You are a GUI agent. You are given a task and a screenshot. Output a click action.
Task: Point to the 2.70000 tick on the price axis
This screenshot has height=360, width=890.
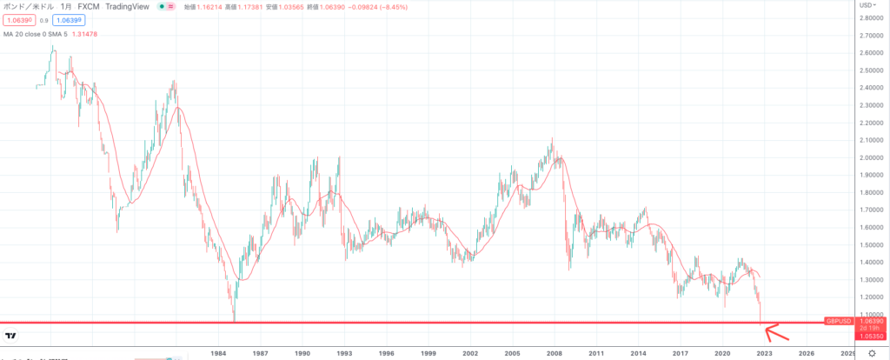pos(870,36)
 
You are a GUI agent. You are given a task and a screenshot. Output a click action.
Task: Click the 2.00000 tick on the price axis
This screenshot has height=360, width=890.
pos(870,157)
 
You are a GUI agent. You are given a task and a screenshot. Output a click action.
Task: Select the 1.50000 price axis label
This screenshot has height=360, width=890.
pos(870,244)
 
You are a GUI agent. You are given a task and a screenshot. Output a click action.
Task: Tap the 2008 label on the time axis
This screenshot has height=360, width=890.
pos(554,353)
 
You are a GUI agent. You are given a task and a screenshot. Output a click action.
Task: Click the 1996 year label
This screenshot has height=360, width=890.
pos(386,353)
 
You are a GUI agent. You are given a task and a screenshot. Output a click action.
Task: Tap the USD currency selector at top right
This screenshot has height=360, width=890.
pos(867,6)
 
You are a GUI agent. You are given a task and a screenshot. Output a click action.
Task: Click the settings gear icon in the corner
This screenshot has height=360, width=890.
pos(873,354)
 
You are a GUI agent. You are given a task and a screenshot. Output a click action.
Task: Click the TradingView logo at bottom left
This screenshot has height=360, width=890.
pos(12,336)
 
